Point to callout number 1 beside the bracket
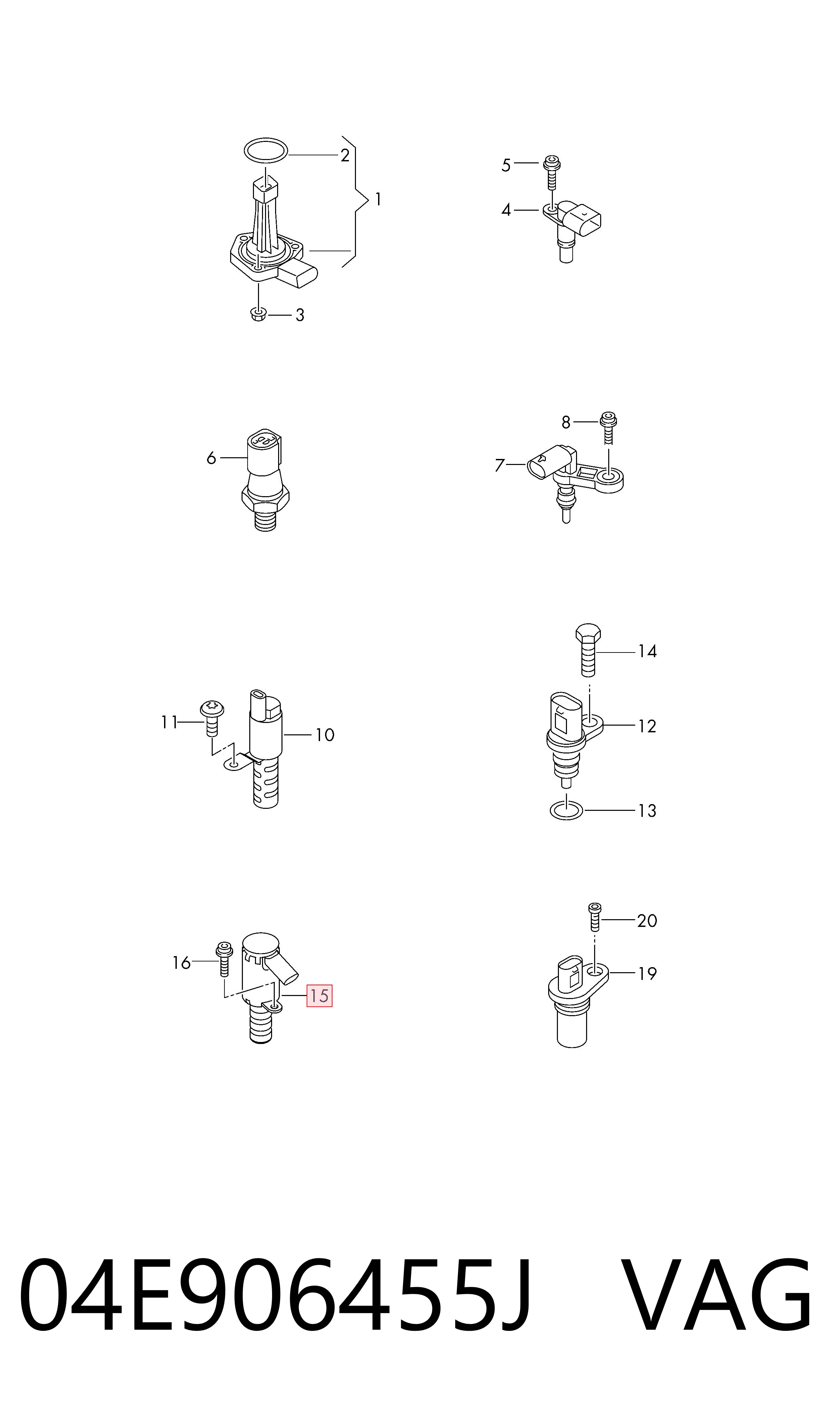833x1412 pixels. (x=378, y=199)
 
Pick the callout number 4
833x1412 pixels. (x=506, y=210)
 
